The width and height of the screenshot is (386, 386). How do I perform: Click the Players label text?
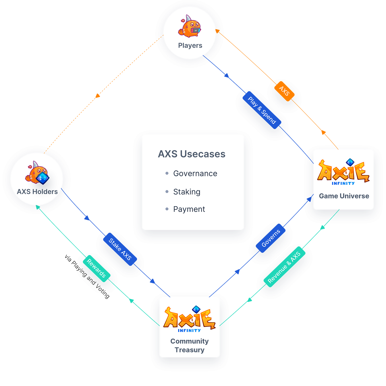click(190, 45)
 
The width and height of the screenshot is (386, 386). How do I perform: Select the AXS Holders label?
click(37, 192)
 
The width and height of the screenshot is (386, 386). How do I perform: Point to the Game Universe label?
click(344, 196)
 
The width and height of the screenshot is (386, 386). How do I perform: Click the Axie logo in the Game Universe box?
click(343, 171)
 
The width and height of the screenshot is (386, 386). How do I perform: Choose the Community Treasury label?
click(189, 345)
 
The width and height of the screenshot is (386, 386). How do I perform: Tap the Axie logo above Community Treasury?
click(189, 319)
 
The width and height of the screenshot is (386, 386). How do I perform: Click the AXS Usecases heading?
click(192, 154)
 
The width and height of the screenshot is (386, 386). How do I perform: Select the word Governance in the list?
click(195, 173)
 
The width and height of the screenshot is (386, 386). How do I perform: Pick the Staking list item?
click(187, 192)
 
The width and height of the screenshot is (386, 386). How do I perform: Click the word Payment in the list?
click(189, 209)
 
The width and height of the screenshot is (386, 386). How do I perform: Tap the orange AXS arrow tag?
click(284, 91)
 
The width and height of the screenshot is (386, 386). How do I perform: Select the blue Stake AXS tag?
click(120, 249)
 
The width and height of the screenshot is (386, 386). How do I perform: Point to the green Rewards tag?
click(96, 268)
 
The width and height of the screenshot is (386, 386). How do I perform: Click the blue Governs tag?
click(271, 238)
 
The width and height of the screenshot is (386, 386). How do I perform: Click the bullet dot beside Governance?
click(167, 173)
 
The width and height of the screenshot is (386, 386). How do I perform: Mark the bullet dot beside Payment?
click(167, 209)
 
